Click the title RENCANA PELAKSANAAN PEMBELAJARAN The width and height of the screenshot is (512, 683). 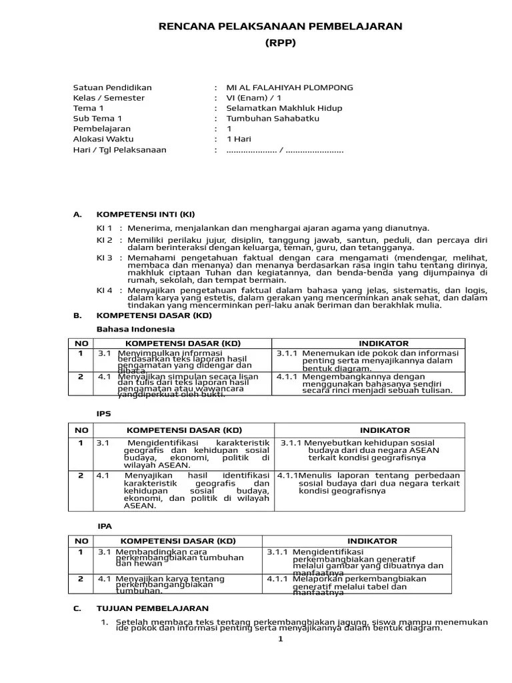(281, 26)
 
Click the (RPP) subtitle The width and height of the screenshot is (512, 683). (281, 43)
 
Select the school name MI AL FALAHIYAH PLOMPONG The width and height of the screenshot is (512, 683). (289, 88)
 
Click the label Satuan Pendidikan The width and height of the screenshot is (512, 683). (112, 88)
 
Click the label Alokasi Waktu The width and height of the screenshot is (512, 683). (103, 139)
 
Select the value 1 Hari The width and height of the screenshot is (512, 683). (239, 139)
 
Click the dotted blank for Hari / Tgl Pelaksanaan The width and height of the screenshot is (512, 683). (285, 150)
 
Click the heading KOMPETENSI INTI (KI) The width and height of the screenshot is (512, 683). (146, 214)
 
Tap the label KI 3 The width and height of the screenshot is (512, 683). (105, 257)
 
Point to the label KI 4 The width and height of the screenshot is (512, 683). (105, 290)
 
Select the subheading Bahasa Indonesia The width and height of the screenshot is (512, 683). (136, 329)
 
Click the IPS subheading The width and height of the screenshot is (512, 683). (104, 414)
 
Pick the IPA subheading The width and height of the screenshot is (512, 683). (105, 526)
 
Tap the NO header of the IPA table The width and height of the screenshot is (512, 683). (81, 541)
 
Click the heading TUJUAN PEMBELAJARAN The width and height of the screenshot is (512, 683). (153, 608)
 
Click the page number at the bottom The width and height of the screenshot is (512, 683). (281, 639)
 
